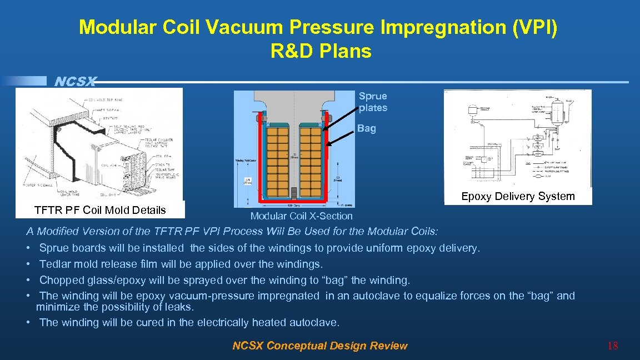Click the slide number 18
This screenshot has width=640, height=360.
[x=613, y=346]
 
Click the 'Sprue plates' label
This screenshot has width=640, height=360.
[x=373, y=102]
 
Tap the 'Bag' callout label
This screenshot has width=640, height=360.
[x=367, y=128]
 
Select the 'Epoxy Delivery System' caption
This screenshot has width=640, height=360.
[x=518, y=196]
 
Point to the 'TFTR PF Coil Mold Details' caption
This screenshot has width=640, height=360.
[x=100, y=210]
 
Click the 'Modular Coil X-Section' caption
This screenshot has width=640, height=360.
[x=301, y=216]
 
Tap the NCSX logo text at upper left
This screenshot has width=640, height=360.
[x=76, y=82]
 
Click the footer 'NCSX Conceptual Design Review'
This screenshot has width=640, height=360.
[x=319, y=346]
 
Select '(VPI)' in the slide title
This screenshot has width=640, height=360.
[x=532, y=27]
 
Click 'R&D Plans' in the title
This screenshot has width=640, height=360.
[x=321, y=51]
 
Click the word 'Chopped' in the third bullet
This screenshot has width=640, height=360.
[x=61, y=280]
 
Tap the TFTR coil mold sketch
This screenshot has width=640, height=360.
[x=100, y=143]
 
